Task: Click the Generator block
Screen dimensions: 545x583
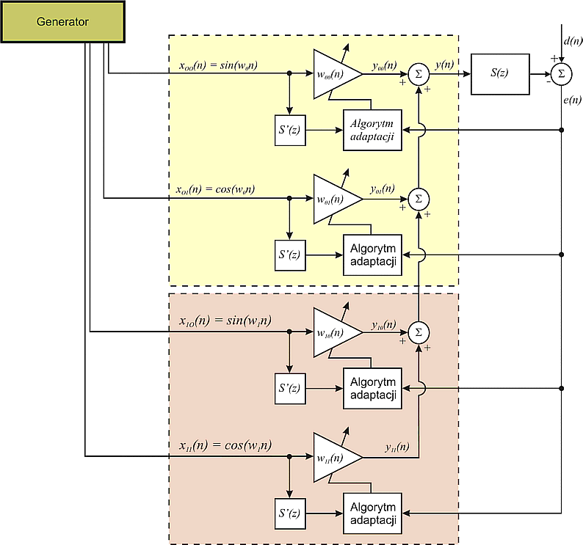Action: [62, 22]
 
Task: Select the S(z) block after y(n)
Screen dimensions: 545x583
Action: [500, 73]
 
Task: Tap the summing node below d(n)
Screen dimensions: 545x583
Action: [562, 73]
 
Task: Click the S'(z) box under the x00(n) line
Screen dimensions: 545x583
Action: [289, 130]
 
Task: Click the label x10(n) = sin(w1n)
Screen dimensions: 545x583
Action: [225, 321]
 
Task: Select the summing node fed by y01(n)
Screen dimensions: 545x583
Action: [418, 199]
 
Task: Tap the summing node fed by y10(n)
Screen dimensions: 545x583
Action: [418, 332]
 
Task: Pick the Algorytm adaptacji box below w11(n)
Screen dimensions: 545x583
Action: [372, 511]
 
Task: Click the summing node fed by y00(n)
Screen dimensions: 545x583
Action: [418, 74]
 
